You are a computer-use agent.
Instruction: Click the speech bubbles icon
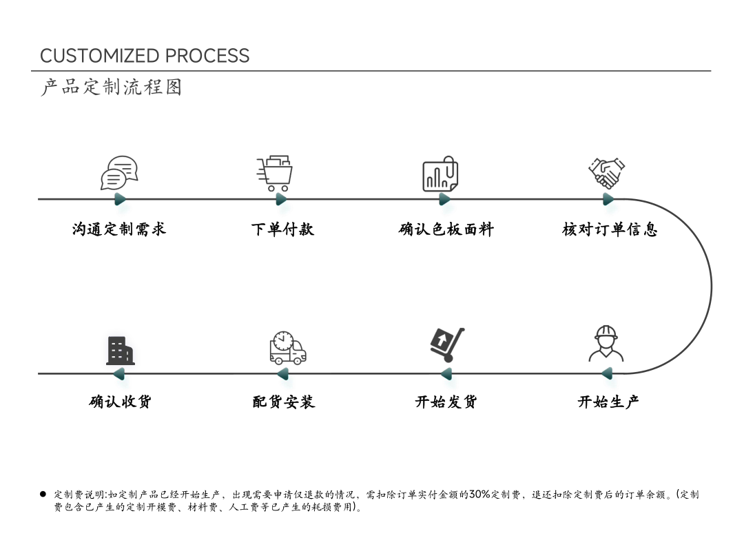point(119,173)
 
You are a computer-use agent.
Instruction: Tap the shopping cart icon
point(275,173)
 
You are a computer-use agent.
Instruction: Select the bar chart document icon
point(440,174)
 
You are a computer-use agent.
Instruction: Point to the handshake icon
point(607,173)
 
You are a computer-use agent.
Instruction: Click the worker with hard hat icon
point(606,344)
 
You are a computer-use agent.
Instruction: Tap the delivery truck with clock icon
point(287,348)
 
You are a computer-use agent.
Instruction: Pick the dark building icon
point(121,351)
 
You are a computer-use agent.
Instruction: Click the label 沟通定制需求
point(119,229)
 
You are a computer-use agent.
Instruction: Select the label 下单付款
point(283,229)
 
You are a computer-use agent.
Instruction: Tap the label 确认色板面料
point(446,229)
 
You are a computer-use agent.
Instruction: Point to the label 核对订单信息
point(610,229)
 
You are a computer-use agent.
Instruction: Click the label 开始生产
point(608,402)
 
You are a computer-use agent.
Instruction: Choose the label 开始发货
point(446,402)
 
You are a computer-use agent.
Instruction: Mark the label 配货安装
point(284,402)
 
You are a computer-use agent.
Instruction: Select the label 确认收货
point(120,402)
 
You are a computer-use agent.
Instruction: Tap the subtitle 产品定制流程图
point(112,87)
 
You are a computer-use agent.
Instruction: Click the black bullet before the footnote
point(43,495)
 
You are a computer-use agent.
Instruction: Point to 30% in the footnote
point(479,495)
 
